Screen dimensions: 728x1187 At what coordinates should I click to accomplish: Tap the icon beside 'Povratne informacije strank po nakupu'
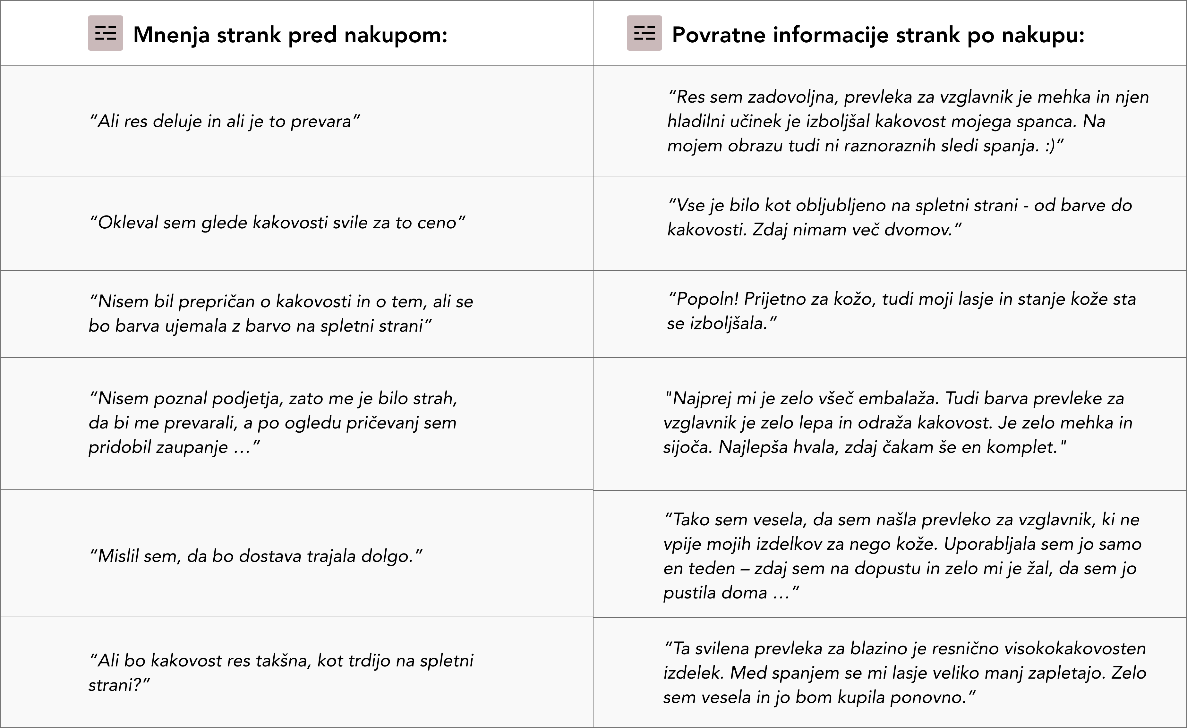[644, 33]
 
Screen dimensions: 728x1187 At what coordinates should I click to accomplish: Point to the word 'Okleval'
[128, 223]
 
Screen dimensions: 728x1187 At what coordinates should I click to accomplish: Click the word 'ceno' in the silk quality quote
[436, 223]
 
